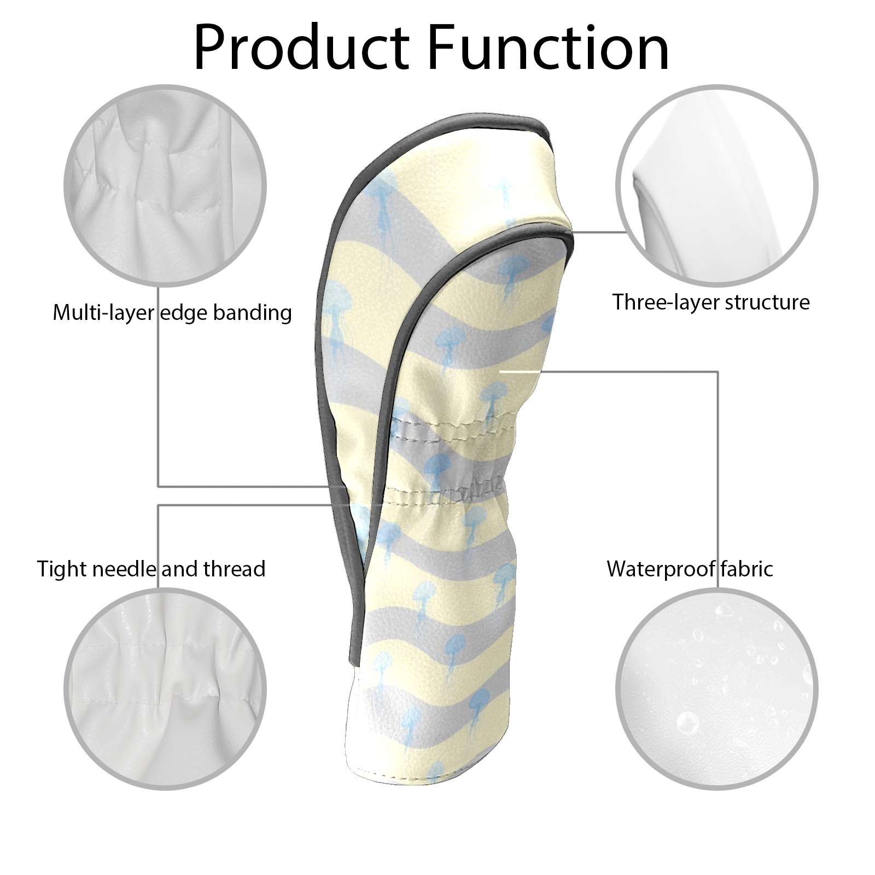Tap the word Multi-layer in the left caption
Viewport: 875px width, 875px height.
pos(103,313)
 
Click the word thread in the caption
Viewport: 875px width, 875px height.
pos(235,569)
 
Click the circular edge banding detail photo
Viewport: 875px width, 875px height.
pos(166,185)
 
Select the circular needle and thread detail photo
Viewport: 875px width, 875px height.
pos(166,689)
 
